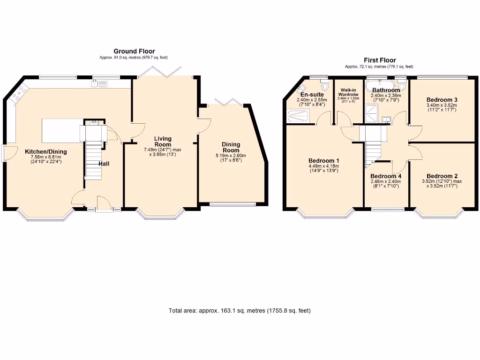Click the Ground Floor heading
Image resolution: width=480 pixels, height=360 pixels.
[x=134, y=51]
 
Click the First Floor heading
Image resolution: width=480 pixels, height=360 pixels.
[x=380, y=60]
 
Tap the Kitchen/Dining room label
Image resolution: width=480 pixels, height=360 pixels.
[x=46, y=151]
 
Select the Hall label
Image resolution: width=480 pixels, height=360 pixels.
[x=104, y=164]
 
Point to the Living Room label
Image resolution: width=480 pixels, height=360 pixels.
[x=164, y=142]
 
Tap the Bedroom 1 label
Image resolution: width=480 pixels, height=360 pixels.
[x=323, y=160]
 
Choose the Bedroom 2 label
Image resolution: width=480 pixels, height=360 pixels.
[x=442, y=176]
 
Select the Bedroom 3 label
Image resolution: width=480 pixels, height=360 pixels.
[x=442, y=99]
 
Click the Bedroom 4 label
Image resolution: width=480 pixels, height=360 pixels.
[x=386, y=176]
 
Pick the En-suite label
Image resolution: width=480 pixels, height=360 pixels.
[x=312, y=94]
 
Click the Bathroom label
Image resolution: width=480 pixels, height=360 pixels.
[x=386, y=90]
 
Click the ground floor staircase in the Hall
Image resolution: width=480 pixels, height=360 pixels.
[x=93, y=159]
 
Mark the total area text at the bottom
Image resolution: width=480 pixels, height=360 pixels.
[x=240, y=310]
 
